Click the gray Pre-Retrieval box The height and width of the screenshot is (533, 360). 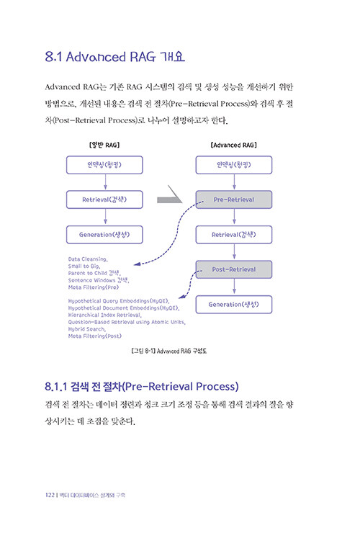point(234,200)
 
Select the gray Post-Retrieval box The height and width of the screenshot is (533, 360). point(234,269)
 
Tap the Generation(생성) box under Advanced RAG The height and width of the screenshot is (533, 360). point(234,305)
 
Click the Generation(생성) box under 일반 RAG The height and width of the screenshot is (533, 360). point(104,235)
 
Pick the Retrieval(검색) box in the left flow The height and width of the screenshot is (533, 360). point(104,200)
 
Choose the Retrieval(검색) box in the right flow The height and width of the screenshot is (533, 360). point(234,235)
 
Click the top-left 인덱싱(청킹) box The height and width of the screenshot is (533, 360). point(104,165)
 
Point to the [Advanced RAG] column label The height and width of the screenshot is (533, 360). point(234,145)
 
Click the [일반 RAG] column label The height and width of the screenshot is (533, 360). point(104,145)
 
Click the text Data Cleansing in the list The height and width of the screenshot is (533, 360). point(88,259)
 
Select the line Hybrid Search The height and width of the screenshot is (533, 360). point(86,329)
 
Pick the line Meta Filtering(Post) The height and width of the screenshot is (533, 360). point(95,336)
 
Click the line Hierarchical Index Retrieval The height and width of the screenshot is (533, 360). point(104,315)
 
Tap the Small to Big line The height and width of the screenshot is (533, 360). point(84,266)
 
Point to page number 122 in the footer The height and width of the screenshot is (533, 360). point(50,495)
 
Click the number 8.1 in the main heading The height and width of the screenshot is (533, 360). point(53,57)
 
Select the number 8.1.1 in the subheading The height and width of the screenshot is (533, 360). point(56,387)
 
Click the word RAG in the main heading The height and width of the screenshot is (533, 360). point(143,57)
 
